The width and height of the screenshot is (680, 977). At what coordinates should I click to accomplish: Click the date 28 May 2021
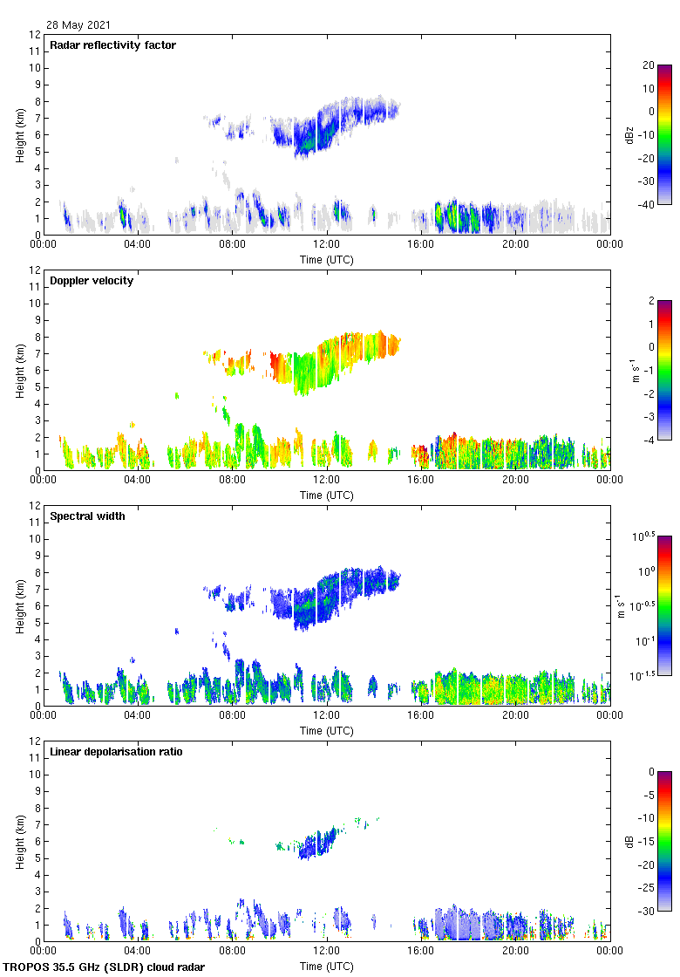point(78,25)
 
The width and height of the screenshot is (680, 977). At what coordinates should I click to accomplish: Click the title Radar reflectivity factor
point(113,45)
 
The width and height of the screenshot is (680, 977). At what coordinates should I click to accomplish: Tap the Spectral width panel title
point(89,516)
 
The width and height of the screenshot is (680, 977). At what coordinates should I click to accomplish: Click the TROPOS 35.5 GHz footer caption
point(104,967)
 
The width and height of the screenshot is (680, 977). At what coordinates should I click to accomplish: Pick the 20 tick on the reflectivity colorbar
point(649,65)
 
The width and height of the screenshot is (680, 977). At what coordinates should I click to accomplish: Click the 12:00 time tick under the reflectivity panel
point(327,245)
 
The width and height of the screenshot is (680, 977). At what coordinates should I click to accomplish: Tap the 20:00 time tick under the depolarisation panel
point(515,952)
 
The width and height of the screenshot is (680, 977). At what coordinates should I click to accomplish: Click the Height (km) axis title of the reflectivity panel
point(19,134)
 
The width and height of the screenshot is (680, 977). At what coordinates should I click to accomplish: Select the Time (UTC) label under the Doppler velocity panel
point(327,495)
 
